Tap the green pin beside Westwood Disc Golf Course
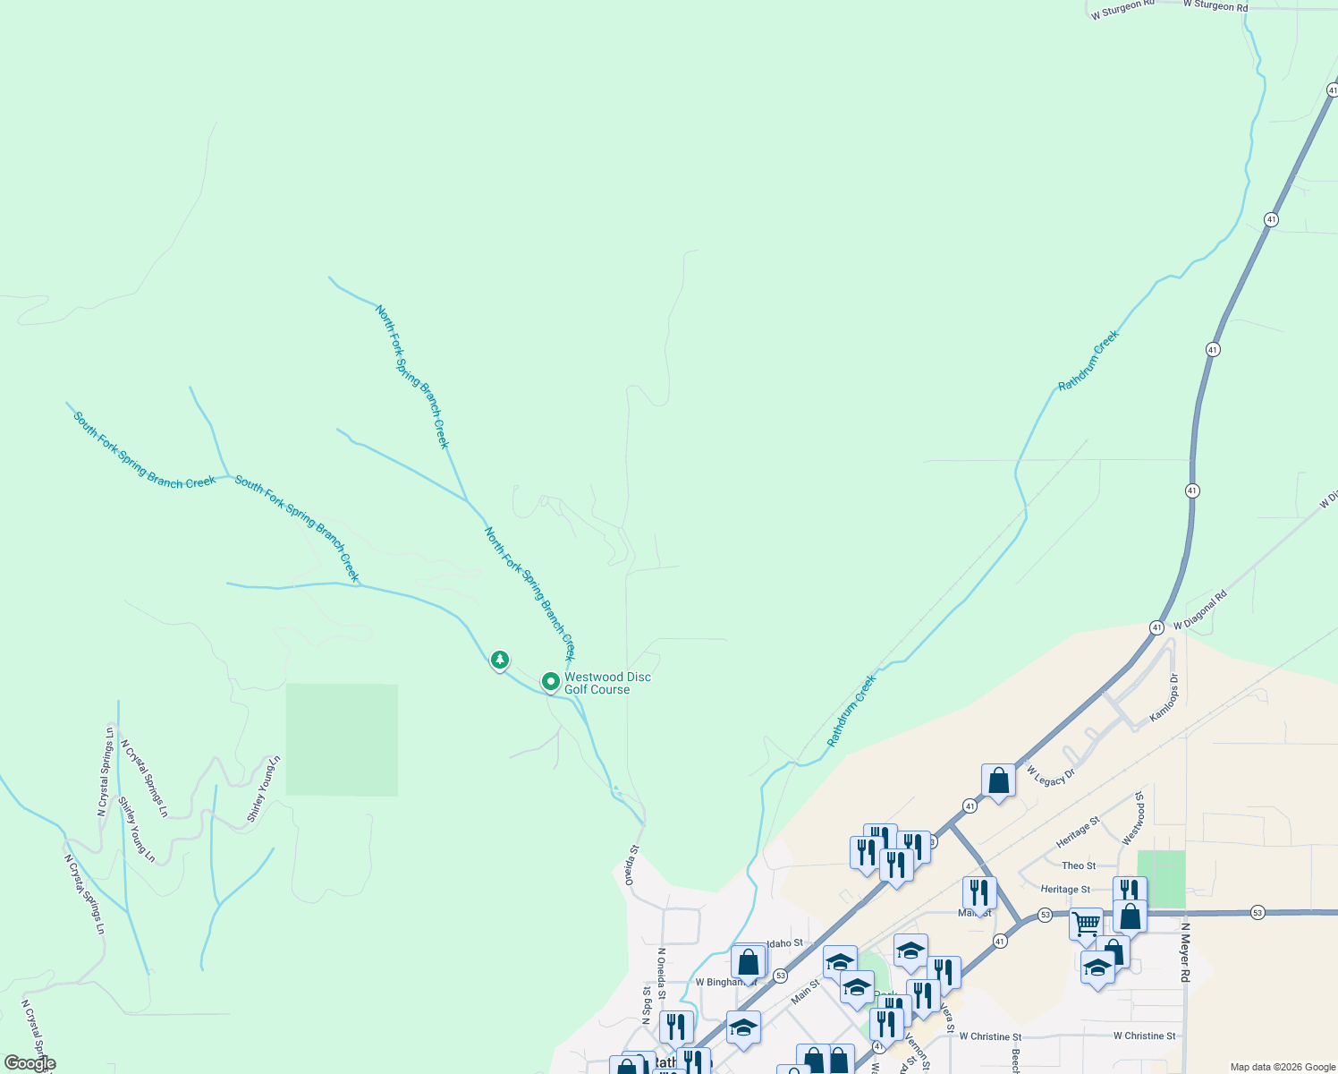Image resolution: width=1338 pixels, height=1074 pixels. click(551, 682)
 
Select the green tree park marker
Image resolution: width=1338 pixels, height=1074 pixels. click(500, 661)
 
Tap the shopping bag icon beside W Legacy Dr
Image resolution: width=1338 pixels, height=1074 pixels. click(998, 780)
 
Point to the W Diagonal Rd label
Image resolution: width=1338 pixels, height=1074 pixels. click(1200, 610)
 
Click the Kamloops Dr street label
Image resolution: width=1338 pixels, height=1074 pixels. click(1164, 699)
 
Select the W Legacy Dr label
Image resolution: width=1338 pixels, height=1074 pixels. click(1050, 776)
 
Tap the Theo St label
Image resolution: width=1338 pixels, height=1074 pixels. click(1079, 865)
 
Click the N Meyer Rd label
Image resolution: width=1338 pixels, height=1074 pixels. click(1186, 952)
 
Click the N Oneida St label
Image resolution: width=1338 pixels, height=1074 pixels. click(661, 973)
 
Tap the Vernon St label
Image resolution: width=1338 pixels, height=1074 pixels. click(918, 1051)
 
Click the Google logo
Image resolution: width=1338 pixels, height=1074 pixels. click(30, 1063)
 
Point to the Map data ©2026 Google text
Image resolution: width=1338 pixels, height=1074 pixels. click(1283, 1067)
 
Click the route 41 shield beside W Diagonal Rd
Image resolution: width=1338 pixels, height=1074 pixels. click(1157, 627)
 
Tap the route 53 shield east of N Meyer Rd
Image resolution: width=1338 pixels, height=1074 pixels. click(1258, 911)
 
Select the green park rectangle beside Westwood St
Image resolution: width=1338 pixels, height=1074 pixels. click(1161, 878)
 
